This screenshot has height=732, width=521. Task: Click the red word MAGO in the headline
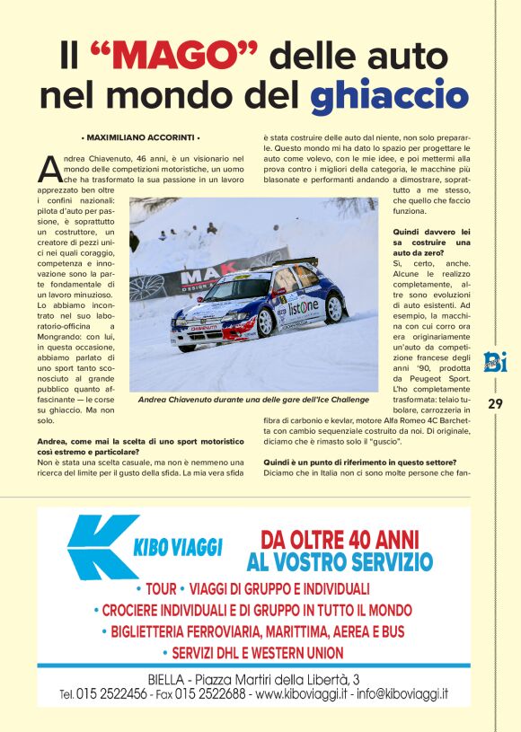(172, 56)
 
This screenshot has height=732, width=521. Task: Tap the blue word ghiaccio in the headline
(389, 94)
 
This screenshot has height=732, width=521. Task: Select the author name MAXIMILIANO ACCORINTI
(139, 137)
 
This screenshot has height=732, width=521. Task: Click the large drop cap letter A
(50, 167)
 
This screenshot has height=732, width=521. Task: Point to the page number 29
(495, 403)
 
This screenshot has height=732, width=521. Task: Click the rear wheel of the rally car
(335, 307)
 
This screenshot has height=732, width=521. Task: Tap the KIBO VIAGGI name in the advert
(178, 545)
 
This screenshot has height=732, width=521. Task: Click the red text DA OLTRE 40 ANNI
(340, 540)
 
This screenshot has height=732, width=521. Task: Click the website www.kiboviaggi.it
(302, 694)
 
